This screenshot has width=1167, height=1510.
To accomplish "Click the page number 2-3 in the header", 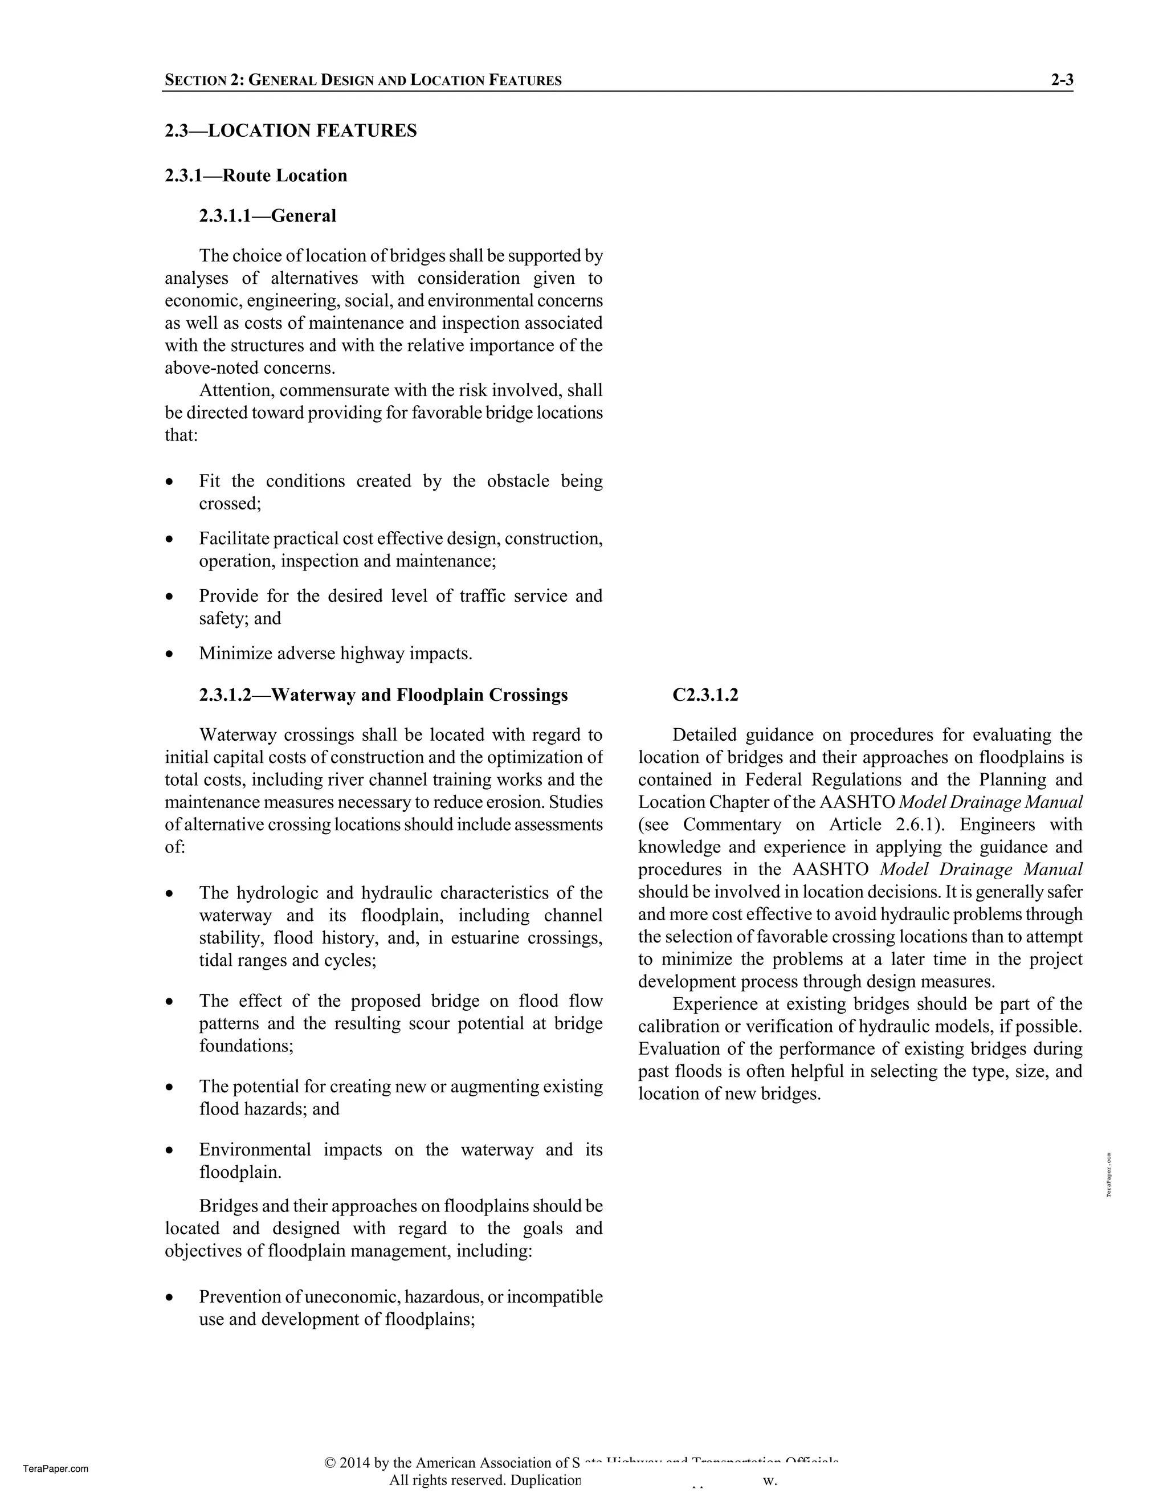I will tap(1061, 80).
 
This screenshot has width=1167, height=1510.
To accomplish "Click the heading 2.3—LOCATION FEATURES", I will tap(291, 130).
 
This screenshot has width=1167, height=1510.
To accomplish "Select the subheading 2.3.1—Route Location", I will tap(256, 176).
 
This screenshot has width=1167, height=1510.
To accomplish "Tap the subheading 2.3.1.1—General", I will tap(268, 216).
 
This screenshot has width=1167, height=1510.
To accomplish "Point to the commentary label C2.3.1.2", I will tap(705, 695).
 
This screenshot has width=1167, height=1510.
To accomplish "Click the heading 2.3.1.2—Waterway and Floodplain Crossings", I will tap(383, 695).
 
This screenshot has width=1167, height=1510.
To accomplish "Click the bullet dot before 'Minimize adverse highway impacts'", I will tap(169, 654).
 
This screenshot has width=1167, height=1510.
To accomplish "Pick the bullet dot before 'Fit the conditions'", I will tap(169, 482).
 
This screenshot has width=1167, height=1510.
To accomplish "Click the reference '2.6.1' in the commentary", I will tap(914, 825).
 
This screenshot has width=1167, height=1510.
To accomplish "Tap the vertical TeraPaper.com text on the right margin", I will tap(1109, 1175).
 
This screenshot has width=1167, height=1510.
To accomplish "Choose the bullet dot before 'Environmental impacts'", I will tap(169, 1151).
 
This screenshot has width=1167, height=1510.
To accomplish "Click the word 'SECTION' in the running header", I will tap(195, 80).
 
